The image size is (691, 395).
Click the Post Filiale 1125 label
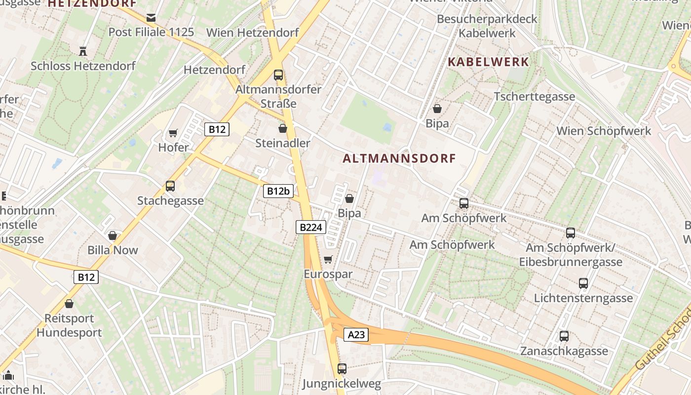151,32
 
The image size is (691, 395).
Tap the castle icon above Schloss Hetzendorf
83,51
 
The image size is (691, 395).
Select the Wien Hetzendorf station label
253,33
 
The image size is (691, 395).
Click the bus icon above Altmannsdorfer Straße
278,75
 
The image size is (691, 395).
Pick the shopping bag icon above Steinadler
283,128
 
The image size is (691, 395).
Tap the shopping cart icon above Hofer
173,133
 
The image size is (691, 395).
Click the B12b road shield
278,191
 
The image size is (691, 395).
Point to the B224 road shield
311,227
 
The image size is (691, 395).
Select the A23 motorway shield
356,335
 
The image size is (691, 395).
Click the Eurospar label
328,274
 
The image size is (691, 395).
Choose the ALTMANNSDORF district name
399,158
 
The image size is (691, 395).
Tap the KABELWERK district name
488,62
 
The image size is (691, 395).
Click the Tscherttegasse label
535,96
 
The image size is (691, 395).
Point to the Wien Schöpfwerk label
604,131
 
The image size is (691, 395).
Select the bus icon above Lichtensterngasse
583,283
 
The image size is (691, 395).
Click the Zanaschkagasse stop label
564,351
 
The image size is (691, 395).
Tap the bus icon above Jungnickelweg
342,368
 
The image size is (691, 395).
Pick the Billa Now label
113,250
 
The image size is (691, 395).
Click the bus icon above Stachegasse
170,186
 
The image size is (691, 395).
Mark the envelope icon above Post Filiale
151,18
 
